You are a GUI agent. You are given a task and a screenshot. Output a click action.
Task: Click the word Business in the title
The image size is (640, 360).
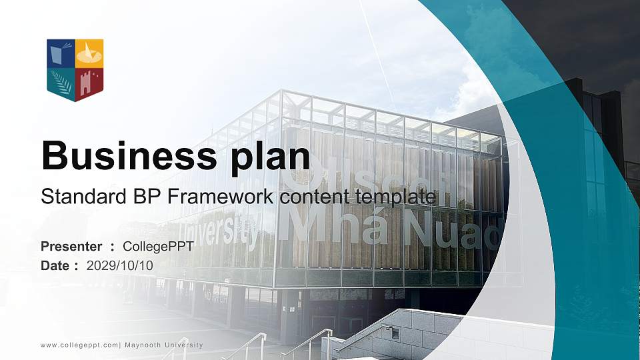click(125, 156)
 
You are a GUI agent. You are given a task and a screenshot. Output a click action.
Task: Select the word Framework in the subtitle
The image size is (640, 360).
click(212, 197)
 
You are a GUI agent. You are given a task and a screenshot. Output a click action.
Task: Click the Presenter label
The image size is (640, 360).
click(71, 247)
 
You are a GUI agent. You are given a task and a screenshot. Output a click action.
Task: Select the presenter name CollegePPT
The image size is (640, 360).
click(158, 247)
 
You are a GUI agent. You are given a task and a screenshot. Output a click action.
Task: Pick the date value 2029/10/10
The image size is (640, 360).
click(120, 266)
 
